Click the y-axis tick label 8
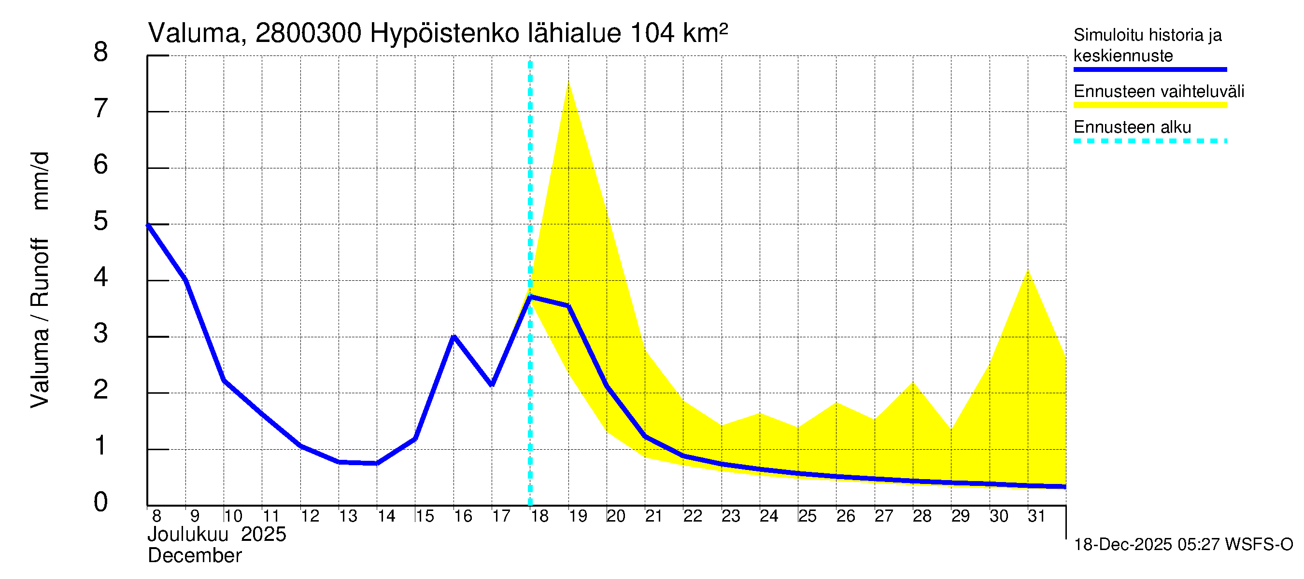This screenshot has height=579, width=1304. click(x=101, y=53)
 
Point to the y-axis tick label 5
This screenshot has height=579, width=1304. click(x=101, y=221)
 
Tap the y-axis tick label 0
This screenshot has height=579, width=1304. click(x=101, y=502)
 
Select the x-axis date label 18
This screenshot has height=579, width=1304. click(x=539, y=516)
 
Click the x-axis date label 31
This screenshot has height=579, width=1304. click(x=1036, y=516)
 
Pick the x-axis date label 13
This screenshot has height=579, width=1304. click(x=348, y=516)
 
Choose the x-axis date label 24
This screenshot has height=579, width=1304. click(x=769, y=516)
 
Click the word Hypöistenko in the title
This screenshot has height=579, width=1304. click(x=444, y=34)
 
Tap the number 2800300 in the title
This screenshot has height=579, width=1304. click(x=308, y=34)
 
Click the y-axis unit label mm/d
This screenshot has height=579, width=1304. click(x=41, y=180)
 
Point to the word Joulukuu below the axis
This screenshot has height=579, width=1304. click(x=188, y=535)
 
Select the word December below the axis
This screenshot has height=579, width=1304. click(x=194, y=556)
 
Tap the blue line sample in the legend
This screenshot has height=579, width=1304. click(x=1150, y=69)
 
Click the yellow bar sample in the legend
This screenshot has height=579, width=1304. click(x=1150, y=105)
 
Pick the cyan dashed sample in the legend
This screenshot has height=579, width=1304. click(x=1150, y=141)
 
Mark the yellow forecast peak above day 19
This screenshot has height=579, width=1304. click(x=568, y=82)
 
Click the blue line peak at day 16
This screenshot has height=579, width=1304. click(x=454, y=336)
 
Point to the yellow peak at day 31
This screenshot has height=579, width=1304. click(x=1028, y=271)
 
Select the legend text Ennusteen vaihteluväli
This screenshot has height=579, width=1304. click(x=1159, y=92)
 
